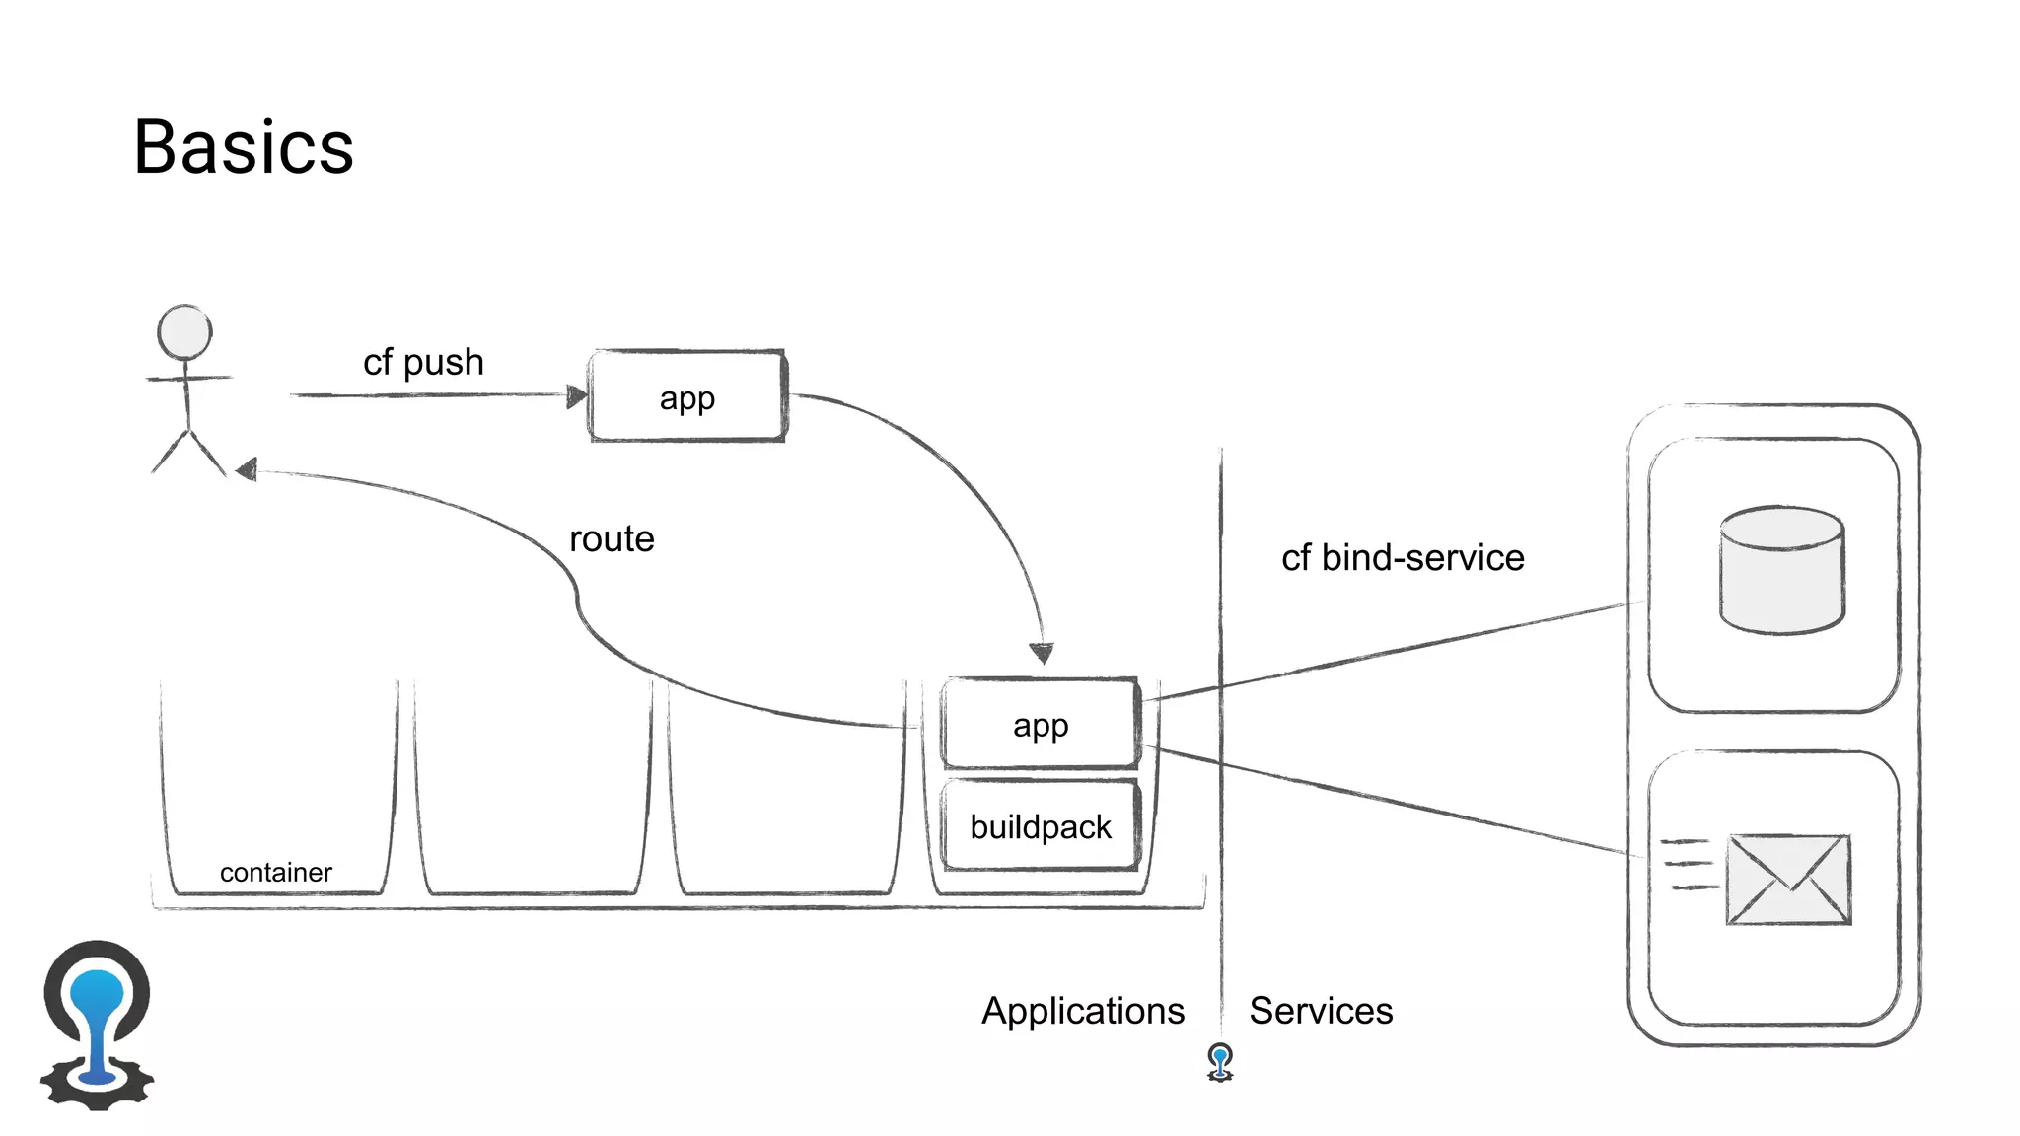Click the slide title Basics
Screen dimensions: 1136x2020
tap(244, 148)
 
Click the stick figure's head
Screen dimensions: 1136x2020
tap(184, 332)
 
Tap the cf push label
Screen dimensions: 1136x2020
tap(423, 362)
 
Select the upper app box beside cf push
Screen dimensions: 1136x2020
tap(687, 396)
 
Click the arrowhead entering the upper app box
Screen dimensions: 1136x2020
tap(577, 396)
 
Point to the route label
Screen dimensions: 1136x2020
tap(612, 539)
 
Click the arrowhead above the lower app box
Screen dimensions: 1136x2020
tap(1042, 653)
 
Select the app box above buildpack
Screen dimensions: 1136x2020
tap(1041, 725)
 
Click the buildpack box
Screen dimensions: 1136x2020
tap(1041, 826)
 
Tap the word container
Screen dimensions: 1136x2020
tap(275, 873)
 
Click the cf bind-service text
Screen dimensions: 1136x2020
tap(1403, 558)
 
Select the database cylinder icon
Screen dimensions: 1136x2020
tap(1781, 570)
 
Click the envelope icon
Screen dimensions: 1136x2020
tap(1788, 880)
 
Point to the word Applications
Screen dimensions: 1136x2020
tap(1083, 1011)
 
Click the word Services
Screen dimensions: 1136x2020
tap(1321, 1011)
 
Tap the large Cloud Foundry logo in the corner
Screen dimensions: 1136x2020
tap(97, 1026)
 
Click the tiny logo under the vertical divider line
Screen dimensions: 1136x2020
tap(1220, 1062)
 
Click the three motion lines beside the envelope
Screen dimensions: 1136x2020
tap(1689, 864)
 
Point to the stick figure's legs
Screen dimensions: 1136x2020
tap(188, 452)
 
